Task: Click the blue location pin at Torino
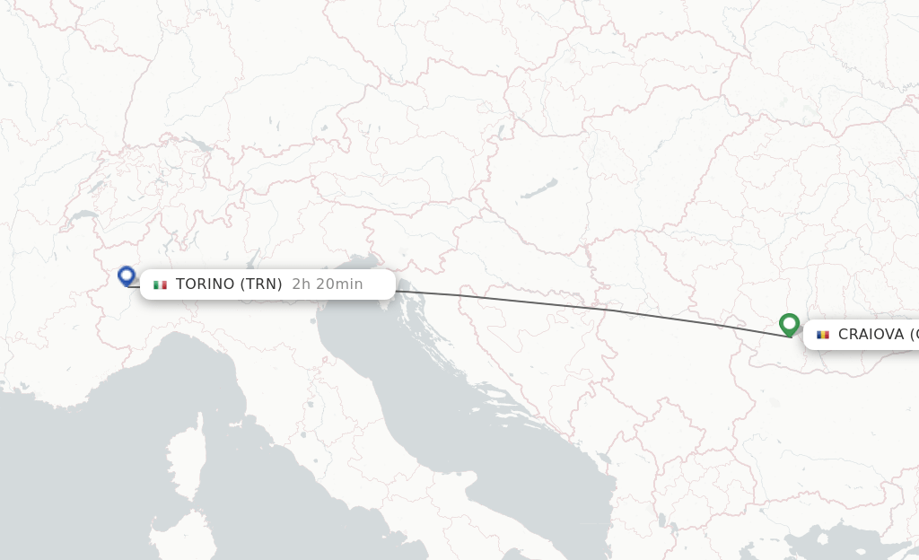coord(127,276)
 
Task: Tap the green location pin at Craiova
coord(790,323)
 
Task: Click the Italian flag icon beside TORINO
coord(161,284)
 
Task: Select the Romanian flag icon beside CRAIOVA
coord(823,335)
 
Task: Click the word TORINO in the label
coord(205,284)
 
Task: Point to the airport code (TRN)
coord(261,284)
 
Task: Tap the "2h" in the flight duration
coord(302,284)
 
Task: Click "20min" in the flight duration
coord(340,284)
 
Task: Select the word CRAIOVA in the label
coord(871,335)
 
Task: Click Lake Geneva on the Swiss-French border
coord(83,215)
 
